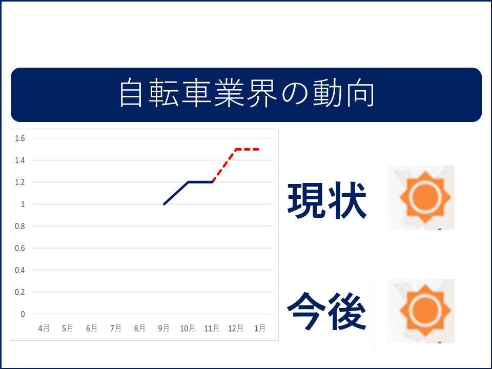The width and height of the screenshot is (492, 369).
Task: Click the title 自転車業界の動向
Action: [x=247, y=93]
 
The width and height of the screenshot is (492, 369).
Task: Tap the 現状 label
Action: [x=327, y=200]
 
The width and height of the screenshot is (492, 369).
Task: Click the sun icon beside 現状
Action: [x=425, y=197]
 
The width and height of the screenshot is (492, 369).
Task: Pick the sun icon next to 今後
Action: [x=425, y=311]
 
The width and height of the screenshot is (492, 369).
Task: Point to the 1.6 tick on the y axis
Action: [x=20, y=138]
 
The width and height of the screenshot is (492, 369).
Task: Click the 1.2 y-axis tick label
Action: [x=20, y=182]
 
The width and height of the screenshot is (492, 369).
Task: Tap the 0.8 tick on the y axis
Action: [x=20, y=226]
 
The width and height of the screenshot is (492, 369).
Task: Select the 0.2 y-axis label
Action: [x=20, y=292]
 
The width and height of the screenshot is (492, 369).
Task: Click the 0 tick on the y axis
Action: [x=23, y=314]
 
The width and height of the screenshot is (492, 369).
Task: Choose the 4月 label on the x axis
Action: [x=44, y=328]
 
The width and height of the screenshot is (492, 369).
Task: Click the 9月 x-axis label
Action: [x=164, y=328]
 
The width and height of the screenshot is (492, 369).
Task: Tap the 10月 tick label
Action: [x=188, y=328]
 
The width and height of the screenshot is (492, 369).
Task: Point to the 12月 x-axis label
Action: [x=236, y=328]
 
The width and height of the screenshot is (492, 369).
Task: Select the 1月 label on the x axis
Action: [x=260, y=328]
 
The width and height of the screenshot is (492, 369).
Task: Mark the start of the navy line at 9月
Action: [x=164, y=204]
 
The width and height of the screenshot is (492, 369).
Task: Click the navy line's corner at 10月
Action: [x=188, y=182]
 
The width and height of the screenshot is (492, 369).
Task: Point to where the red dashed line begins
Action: [x=212, y=182]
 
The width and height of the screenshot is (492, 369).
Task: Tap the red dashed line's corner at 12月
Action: [x=236, y=149]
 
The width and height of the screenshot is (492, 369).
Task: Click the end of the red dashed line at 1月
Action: [x=259, y=149]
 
